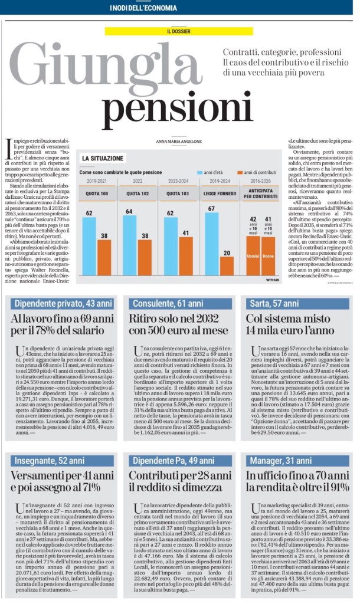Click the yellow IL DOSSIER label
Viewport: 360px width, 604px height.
(179, 30)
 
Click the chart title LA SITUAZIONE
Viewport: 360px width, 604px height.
(103, 158)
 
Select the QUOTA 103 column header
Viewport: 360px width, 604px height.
(177, 192)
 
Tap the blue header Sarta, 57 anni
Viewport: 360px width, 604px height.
(298, 304)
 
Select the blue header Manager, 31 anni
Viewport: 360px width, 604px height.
(298, 460)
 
